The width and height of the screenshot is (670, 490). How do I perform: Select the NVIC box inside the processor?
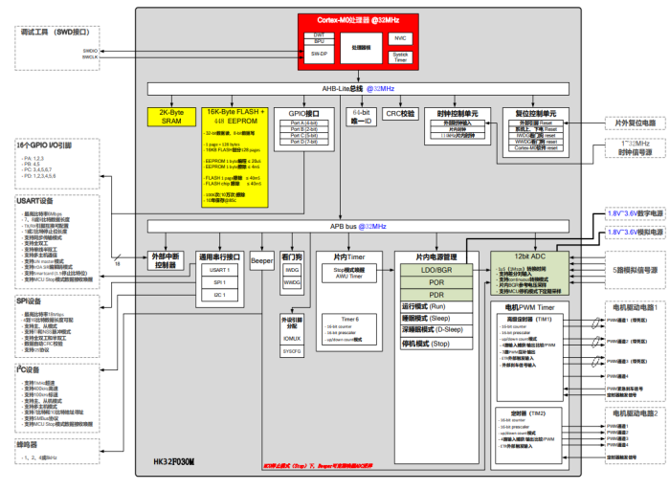point(400,38)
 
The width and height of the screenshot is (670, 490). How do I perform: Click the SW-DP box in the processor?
point(319,55)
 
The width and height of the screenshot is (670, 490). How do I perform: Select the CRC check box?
point(400,113)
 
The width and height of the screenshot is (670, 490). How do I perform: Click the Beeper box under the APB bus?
point(262,258)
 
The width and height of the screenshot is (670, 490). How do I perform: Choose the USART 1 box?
point(219,271)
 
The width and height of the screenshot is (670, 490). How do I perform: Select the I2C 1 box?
point(219,296)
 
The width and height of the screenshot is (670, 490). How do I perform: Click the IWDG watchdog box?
point(292,270)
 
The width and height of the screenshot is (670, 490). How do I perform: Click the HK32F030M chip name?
point(173,461)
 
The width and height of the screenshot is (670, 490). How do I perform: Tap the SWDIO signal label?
point(90,50)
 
